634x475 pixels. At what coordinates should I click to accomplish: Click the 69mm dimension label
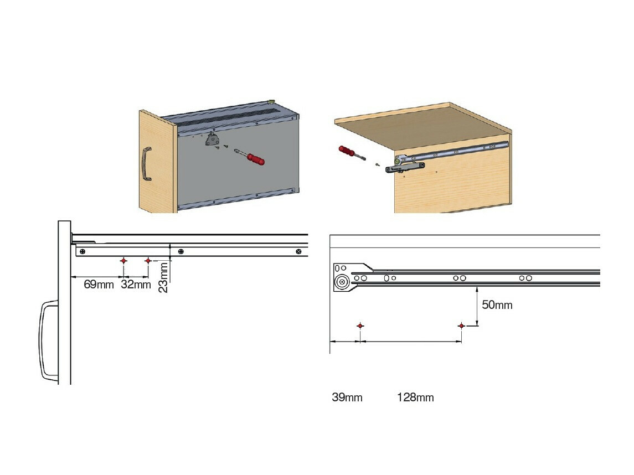[x=99, y=285]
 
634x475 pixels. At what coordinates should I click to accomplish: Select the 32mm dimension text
[x=136, y=285]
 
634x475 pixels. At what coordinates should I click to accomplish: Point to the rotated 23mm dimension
[x=164, y=277]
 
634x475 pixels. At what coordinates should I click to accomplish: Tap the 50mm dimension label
[x=497, y=305]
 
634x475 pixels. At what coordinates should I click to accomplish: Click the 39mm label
[x=347, y=397]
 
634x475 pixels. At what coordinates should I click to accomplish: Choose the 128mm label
[x=415, y=397]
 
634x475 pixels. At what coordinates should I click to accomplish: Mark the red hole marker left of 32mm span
[x=123, y=261]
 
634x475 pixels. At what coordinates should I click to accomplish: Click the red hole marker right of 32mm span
[x=148, y=261]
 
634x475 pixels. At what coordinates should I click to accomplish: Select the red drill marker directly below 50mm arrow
[x=461, y=326]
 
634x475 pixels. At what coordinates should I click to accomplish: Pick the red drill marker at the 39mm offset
[x=360, y=326]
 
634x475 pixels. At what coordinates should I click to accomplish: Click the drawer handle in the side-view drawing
[x=49, y=340]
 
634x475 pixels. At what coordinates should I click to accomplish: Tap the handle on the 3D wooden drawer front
[x=146, y=164]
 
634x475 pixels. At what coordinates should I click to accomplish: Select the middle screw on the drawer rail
[x=180, y=252]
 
